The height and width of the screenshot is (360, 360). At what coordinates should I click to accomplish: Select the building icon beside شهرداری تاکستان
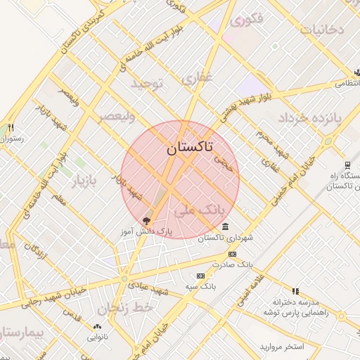pos(224,226)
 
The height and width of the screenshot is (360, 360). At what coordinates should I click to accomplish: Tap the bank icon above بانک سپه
pos(201,276)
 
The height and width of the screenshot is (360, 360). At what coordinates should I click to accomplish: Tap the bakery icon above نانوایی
pos(97,326)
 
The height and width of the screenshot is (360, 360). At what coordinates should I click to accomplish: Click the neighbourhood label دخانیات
pos(322,30)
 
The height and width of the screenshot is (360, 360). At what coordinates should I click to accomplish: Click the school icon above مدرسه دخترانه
pos(295,290)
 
